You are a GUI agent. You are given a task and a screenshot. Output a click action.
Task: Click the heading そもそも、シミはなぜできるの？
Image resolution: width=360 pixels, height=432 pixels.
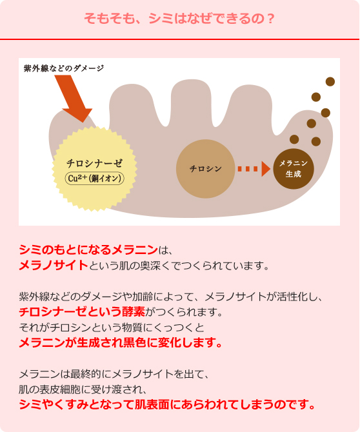[179, 19]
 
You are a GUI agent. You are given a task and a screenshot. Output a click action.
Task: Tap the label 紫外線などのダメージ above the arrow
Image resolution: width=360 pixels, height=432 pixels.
[64, 68]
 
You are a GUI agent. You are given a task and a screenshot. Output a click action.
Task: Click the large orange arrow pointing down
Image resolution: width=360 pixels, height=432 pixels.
[72, 97]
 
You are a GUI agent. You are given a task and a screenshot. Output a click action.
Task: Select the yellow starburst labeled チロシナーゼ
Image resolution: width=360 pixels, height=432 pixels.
[95, 169]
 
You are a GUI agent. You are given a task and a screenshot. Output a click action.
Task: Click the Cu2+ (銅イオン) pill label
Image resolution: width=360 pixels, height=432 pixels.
[95, 178]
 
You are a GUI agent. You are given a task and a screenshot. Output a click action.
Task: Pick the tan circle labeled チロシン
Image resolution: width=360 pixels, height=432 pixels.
[205, 169]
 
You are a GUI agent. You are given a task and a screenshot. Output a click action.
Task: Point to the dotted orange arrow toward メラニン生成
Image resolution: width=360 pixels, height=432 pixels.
[254, 169]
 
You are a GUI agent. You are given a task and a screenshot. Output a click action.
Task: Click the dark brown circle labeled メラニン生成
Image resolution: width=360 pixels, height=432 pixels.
[294, 169]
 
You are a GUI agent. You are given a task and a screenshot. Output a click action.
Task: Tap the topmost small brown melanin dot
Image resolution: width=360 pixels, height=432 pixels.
[330, 81]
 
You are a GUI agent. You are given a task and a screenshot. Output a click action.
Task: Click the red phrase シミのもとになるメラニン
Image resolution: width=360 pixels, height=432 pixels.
[88, 250]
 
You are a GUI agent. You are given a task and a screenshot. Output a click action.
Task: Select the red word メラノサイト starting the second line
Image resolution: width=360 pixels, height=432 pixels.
[54, 265]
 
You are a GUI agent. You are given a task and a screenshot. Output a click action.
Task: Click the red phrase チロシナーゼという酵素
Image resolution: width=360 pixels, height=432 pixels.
[82, 312]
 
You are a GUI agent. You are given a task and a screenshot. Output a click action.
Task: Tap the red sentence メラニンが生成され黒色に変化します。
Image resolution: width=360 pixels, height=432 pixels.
[121, 343]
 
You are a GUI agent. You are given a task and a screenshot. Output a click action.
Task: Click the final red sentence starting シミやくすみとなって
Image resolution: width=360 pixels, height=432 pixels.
[167, 404]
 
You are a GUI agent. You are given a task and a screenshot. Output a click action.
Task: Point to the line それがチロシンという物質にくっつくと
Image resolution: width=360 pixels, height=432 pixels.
[112, 328]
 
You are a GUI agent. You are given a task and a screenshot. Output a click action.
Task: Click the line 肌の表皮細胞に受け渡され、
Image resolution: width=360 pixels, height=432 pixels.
[83, 389]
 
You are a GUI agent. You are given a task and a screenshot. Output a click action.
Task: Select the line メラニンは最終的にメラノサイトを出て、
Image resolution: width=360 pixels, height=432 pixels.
[114, 374]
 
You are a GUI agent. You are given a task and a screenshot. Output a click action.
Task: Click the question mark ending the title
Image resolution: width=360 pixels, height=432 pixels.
[271, 19]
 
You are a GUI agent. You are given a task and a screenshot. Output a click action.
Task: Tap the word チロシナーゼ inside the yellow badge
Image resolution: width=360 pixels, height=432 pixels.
[95, 163]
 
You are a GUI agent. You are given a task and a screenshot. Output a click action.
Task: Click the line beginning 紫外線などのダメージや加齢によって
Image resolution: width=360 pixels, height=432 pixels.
[170, 297]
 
